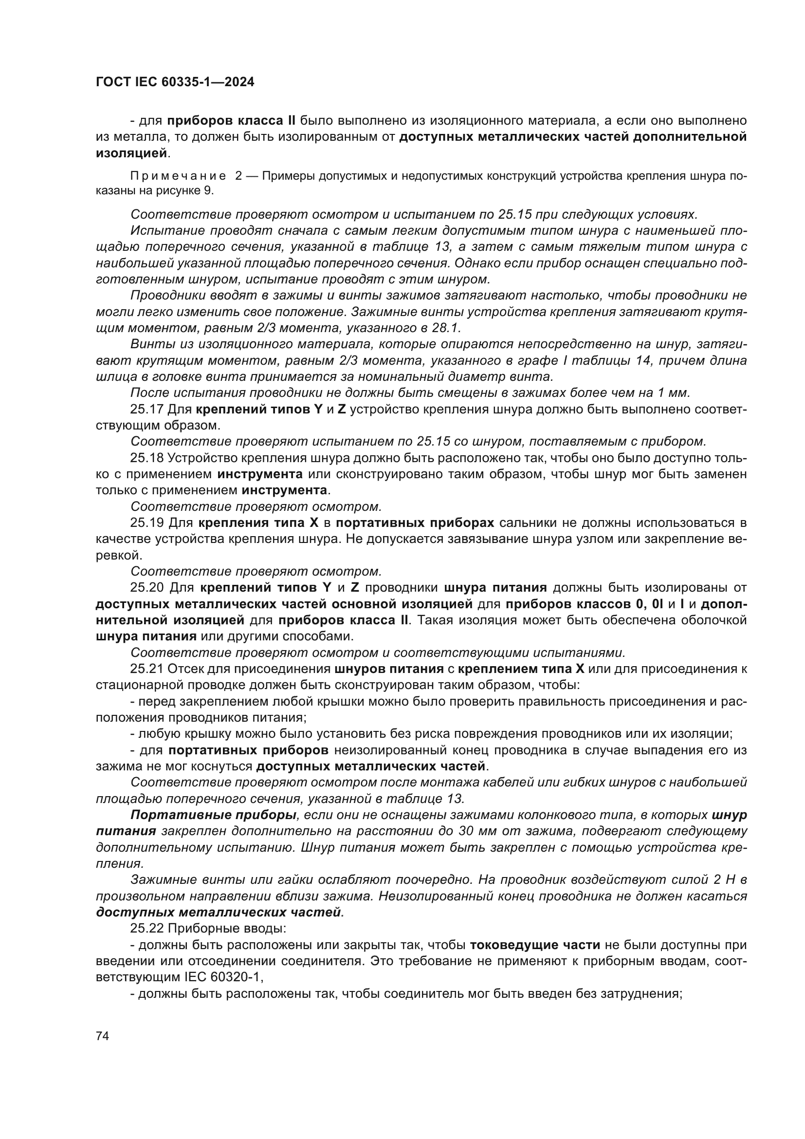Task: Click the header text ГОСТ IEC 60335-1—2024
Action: pos(175,82)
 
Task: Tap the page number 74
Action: pos(103,1036)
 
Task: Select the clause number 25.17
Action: pos(146,409)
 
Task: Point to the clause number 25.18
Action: pos(146,457)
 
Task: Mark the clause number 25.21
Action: pos(146,669)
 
